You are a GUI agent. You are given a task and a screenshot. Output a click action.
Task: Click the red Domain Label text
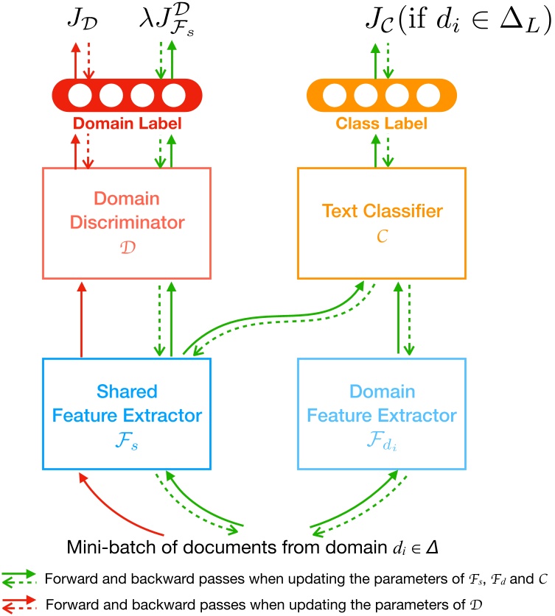[128, 124]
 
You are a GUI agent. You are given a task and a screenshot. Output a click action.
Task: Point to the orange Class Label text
[381, 124]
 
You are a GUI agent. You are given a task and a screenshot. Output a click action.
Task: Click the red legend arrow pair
[21, 603]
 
